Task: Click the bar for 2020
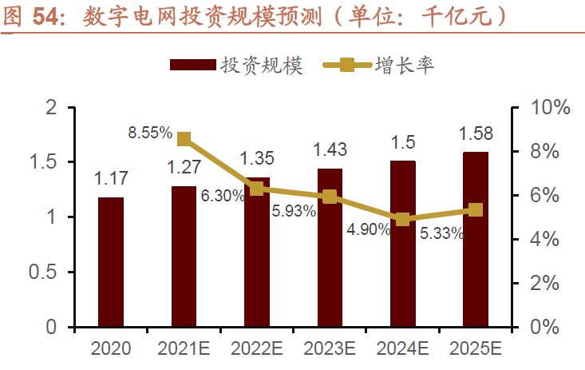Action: pos(111,262)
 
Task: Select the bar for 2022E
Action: pos(256,252)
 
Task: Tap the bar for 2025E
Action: pos(476,240)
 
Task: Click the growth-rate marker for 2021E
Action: pos(184,139)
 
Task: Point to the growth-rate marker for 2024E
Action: pos(402,219)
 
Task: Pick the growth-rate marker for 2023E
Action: pos(330,197)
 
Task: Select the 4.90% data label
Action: pos(368,230)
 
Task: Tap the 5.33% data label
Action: pos(441,234)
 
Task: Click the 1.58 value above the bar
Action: pos(476,133)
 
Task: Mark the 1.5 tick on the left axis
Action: pos(49,162)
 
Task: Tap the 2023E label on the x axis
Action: pos(330,349)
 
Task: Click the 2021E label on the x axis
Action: pos(184,349)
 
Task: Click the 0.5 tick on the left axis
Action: pos(49,273)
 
